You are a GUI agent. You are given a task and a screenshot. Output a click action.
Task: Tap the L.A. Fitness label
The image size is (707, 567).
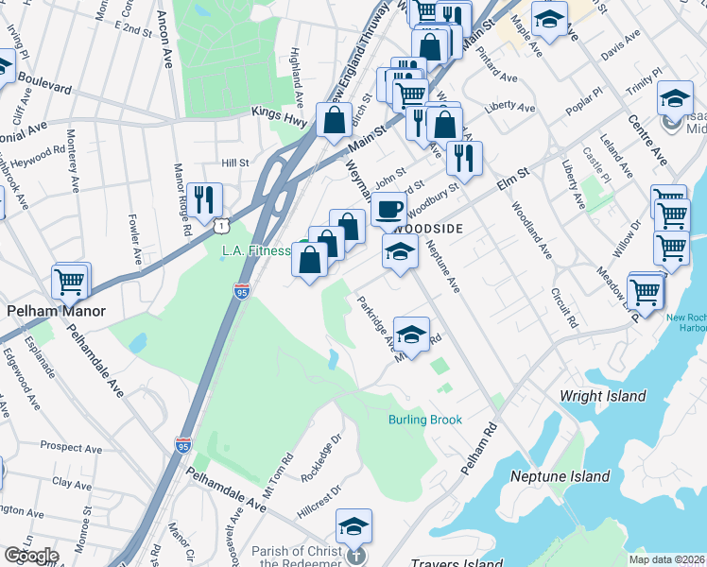[255, 250]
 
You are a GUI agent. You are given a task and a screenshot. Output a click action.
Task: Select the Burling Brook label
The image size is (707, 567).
[424, 420]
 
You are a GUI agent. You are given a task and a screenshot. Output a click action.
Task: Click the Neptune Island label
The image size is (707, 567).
[560, 476]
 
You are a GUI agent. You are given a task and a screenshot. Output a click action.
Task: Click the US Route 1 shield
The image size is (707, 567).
[220, 226]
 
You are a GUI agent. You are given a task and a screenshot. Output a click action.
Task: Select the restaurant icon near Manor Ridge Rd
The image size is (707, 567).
[204, 198]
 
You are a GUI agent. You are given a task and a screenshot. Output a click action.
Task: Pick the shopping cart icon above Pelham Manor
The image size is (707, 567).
[71, 280]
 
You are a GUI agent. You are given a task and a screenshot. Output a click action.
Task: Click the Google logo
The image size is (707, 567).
[31, 556]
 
